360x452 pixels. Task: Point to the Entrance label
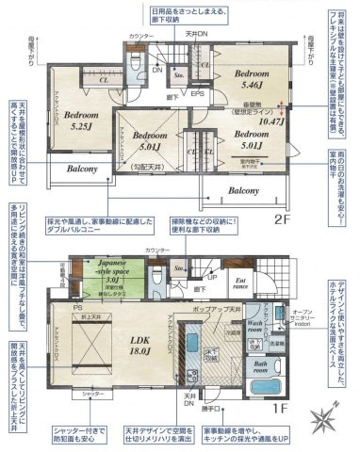[x=239, y=282]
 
